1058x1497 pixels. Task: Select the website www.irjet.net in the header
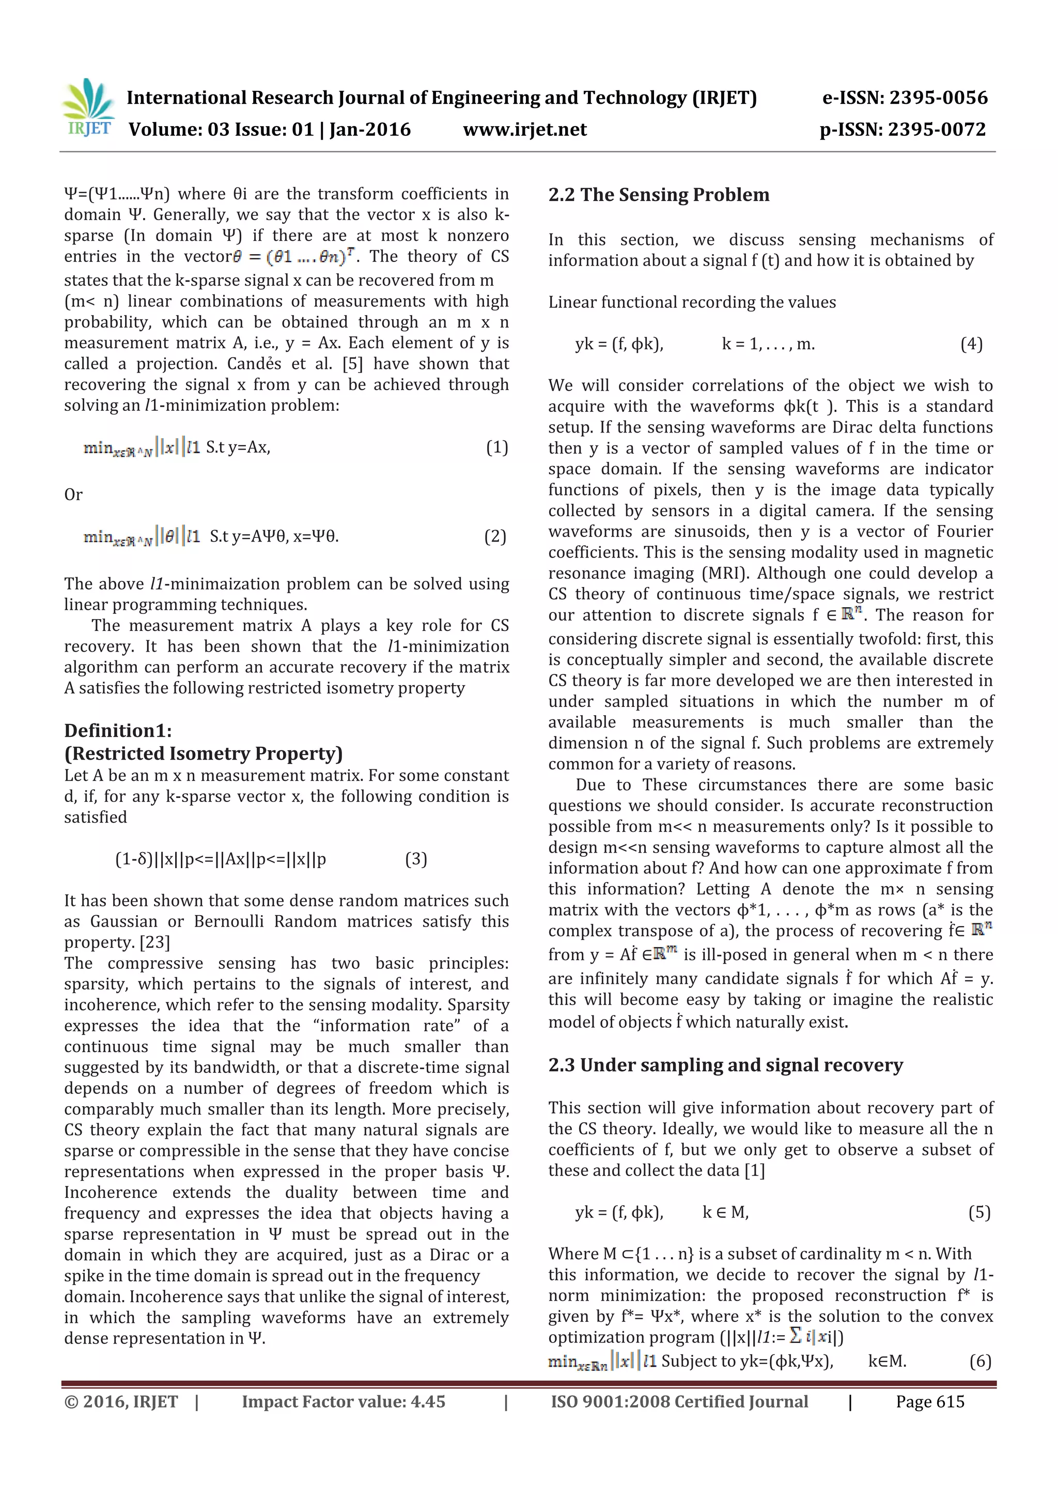(525, 130)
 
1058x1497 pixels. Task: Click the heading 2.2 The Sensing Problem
(658, 195)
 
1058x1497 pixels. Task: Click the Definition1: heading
(118, 730)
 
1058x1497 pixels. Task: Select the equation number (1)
(497, 447)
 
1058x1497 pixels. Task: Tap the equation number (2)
(495, 536)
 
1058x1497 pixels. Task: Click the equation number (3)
(416, 859)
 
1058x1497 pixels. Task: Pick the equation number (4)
(971, 344)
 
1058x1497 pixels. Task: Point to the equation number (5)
(979, 1212)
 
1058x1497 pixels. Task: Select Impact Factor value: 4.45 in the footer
(344, 1402)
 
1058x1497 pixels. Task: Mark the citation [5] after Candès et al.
(352, 364)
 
